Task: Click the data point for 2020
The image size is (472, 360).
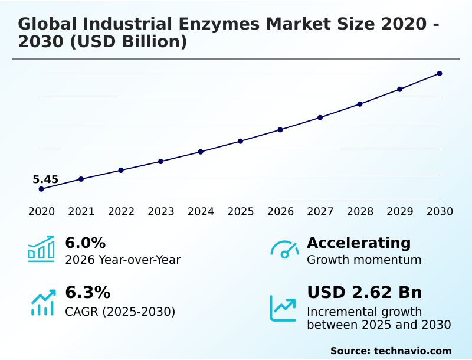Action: pos(41,189)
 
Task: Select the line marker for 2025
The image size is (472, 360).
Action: pos(241,141)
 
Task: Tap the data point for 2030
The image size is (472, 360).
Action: pos(440,73)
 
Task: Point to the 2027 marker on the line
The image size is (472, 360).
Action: pos(320,117)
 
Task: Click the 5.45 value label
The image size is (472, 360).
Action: pos(45,179)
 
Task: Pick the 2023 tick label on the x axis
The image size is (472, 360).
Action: pos(161,211)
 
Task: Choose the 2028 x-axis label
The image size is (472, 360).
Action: pos(360,211)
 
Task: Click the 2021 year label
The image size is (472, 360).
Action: pos(81,211)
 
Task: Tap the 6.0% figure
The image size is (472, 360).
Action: pos(85,243)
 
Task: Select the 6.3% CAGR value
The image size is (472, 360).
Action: pos(87,292)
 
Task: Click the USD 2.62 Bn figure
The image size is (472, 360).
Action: pos(364,292)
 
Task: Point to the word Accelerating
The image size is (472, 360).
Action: pos(359,243)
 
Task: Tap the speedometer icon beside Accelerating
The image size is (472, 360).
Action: pos(284,249)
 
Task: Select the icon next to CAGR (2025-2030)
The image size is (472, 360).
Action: pos(42,303)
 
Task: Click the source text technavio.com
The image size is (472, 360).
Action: pos(412,351)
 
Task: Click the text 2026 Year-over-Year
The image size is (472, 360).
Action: pos(123,260)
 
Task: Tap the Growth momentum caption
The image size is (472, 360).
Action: pos(364,260)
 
